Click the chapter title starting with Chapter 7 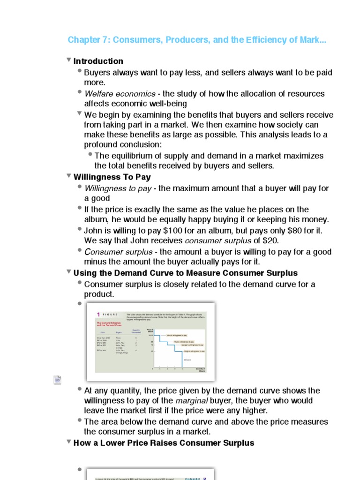(x=197, y=40)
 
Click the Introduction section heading (x=98, y=61)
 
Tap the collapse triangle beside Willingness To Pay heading (x=69, y=176)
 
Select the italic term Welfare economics (x=120, y=94)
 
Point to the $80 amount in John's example (x=288, y=231)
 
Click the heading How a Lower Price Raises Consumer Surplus (x=164, y=443)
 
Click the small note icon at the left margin (x=57, y=380)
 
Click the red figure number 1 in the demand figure (x=98, y=315)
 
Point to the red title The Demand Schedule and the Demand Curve (x=111, y=325)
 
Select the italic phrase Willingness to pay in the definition (x=118, y=188)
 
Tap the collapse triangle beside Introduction (x=69, y=60)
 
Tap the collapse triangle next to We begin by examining (x=79, y=113)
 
